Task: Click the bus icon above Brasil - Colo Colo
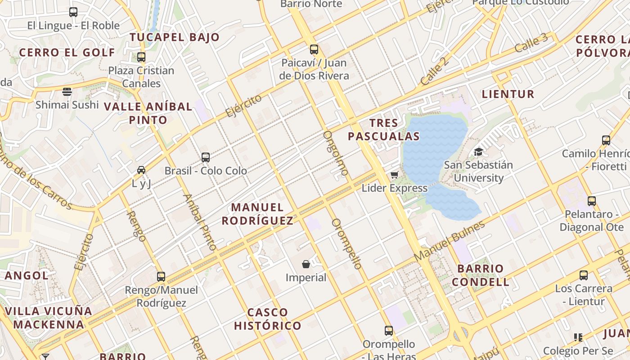click(x=206, y=157)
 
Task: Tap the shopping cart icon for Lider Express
click(x=395, y=175)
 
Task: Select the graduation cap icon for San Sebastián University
click(x=478, y=152)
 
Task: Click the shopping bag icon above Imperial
click(x=306, y=264)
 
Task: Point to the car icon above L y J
click(x=141, y=170)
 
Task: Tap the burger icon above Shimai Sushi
click(x=67, y=92)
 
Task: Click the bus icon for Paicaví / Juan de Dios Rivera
click(x=314, y=49)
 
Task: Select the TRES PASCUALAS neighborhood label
click(x=384, y=130)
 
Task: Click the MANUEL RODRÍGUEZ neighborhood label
click(x=257, y=214)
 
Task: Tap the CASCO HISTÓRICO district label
click(x=268, y=319)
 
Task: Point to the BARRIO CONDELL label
click(x=481, y=275)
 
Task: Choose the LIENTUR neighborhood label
click(x=508, y=94)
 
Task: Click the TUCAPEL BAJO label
click(x=175, y=37)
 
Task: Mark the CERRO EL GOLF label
click(x=67, y=53)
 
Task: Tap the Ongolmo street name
click(x=336, y=153)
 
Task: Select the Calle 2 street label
click(x=435, y=71)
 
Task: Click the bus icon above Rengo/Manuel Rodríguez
click(x=161, y=277)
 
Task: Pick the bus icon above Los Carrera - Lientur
click(x=584, y=275)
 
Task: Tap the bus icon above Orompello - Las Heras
click(x=389, y=331)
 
